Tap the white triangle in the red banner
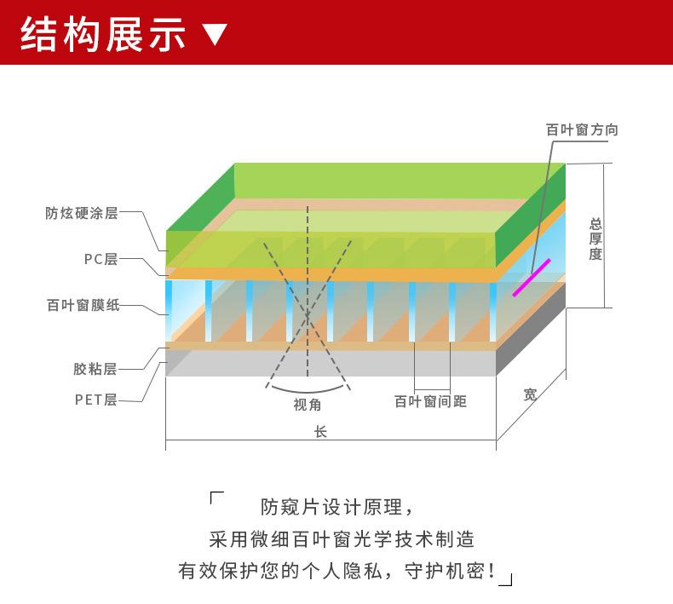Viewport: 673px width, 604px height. (216, 35)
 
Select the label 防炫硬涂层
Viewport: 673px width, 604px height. (81, 213)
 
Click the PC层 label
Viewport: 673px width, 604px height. (100, 259)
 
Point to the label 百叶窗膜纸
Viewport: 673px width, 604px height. (83, 305)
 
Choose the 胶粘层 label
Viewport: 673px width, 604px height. (95, 369)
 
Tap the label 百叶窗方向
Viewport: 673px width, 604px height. (582, 130)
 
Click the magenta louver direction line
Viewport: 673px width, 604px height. (532, 278)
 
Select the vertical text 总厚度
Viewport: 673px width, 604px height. (595, 239)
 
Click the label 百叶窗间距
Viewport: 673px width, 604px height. (430, 401)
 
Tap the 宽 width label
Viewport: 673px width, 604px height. (530, 394)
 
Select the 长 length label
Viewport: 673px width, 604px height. (320, 432)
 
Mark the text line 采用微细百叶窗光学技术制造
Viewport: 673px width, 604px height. (342, 539)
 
